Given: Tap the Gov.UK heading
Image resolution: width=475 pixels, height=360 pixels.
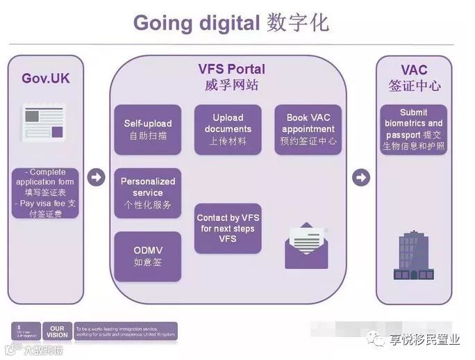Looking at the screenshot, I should pos(45,78).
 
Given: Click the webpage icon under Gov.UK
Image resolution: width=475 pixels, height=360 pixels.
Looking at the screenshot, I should pos(45,122).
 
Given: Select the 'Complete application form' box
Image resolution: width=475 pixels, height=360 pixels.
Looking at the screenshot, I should pos(46,193).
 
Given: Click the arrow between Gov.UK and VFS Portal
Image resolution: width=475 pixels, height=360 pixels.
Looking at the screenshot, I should pos(96,178).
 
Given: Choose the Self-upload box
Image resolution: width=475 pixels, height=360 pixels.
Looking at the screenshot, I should pos(148,129).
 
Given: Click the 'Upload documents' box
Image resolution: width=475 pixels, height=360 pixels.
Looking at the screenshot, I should pos(228,129).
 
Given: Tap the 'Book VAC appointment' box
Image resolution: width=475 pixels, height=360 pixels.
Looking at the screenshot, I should pos(308,129).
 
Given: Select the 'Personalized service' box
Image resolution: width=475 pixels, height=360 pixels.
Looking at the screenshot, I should pos(148,193).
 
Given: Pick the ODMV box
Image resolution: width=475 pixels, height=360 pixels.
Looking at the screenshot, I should pos(148,256).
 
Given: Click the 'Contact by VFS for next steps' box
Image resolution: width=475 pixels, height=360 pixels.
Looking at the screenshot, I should pos(228,228).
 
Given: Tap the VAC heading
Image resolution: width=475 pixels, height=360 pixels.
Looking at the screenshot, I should pos(414,70).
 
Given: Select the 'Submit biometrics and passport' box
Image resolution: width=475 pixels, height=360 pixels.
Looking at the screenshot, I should pos(414,129).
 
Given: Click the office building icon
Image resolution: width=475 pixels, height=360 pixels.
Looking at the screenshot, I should pos(414,254).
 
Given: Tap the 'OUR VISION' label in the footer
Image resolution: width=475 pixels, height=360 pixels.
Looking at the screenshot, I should pos(57,331).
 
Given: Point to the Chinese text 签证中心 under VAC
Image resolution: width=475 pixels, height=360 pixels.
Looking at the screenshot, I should pos(414,87).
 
